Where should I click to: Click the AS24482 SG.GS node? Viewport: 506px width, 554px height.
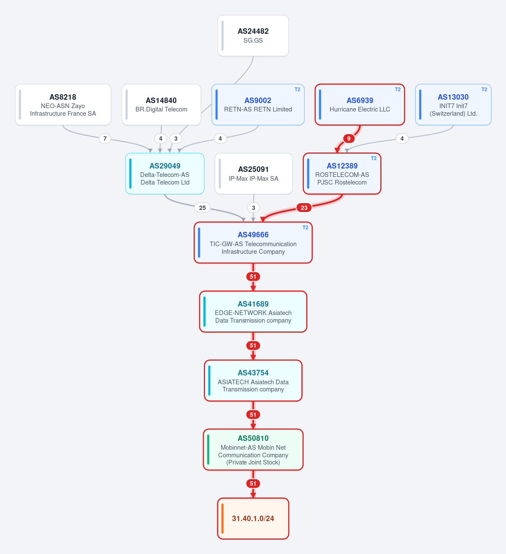[x=253, y=35]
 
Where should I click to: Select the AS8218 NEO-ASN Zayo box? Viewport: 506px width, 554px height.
[x=63, y=105]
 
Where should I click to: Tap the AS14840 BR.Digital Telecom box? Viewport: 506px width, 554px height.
[x=161, y=105]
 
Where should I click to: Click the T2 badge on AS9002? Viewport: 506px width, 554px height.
[x=297, y=90]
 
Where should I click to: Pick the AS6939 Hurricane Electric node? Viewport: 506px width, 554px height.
[x=360, y=105]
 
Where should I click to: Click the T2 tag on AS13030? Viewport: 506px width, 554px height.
[x=484, y=90]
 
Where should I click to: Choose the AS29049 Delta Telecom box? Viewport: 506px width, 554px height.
[x=165, y=174]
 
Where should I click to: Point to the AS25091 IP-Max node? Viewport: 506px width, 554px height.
[x=253, y=174]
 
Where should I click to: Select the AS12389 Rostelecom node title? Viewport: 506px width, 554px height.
[x=342, y=166]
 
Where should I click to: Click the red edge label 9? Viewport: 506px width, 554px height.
[x=349, y=138]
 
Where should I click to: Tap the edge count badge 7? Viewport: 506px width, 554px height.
[x=105, y=138]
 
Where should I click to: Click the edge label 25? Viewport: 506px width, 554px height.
[x=202, y=208]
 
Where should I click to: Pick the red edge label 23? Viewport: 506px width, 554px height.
[x=304, y=208]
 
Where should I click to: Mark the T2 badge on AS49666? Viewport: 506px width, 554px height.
[x=305, y=228]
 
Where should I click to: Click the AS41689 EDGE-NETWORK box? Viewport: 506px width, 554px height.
[x=253, y=312]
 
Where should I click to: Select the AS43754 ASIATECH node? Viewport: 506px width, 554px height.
[x=253, y=380]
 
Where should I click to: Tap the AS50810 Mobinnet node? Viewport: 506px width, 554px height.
[x=253, y=450]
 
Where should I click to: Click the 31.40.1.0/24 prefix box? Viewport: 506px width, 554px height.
[x=253, y=519]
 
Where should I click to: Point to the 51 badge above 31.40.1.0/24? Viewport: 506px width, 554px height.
[x=253, y=483]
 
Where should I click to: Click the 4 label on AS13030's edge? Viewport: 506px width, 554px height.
[x=402, y=138]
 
